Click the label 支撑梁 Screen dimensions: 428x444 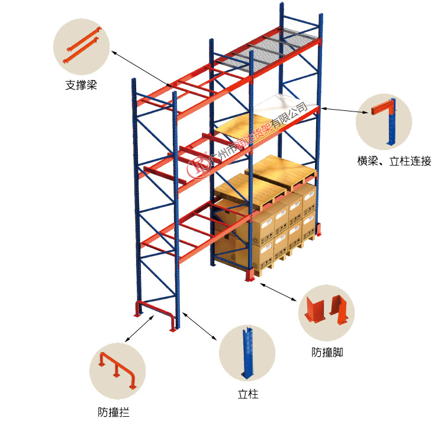(81, 85)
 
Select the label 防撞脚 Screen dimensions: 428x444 (327, 353)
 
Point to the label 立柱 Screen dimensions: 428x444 (248, 394)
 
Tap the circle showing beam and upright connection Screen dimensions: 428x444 (384, 122)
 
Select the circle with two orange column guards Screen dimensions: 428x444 (326, 312)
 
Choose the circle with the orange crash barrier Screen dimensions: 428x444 (117, 370)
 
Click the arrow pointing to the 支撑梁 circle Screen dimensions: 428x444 (142, 70)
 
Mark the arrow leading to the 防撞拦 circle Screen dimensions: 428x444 (140, 329)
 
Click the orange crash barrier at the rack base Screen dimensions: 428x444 (156, 312)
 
